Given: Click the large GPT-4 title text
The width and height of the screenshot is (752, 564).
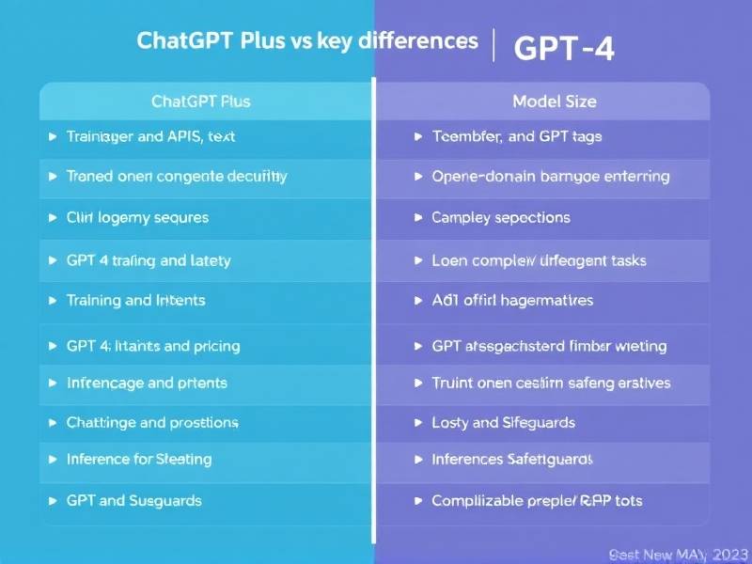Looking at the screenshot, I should coord(564,49).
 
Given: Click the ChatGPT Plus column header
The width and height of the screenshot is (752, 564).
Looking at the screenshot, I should coord(201,101).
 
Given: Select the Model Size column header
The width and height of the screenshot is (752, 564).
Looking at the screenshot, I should coord(555,101).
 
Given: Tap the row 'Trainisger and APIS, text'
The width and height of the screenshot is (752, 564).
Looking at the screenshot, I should coord(150,136).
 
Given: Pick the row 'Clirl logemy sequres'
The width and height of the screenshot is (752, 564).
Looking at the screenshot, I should coord(137,217).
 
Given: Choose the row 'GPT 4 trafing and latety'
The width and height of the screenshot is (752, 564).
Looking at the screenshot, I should coord(149,260).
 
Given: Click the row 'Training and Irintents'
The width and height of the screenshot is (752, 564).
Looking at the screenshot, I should coord(135,301).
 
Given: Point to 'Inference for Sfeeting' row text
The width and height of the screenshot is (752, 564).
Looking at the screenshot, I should coord(139,460).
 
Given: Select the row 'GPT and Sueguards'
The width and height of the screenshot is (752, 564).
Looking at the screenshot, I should coord(133,501).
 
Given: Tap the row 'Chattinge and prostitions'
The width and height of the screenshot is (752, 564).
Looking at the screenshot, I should coord(152,422).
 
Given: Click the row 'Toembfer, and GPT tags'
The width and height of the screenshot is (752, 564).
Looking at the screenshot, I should coord(516,136).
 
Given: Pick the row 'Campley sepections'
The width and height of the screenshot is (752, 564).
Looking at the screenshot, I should coord(500,217).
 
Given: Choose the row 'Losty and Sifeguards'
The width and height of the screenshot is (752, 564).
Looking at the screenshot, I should coord(503,422).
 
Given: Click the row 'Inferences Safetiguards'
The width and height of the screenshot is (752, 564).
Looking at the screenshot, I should coord(511,460).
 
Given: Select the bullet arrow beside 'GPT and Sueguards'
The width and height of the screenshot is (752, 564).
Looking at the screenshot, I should coord(52,501).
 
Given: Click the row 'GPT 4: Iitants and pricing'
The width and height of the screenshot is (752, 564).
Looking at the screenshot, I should coord(153,346).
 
